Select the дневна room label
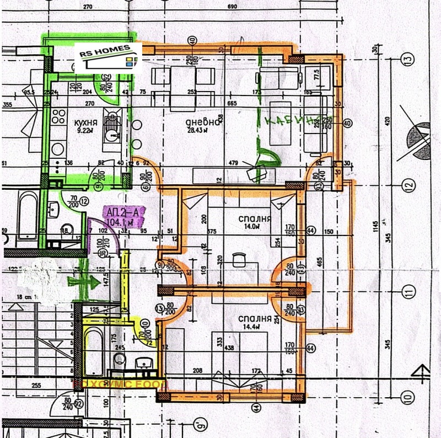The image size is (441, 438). (203, 122)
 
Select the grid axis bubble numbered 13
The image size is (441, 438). (407, 58)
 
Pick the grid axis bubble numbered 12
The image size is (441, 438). (407, 186)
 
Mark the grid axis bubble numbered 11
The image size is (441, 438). (407, 291)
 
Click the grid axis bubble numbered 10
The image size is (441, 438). (407, 396)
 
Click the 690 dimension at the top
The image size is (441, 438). (232, 7)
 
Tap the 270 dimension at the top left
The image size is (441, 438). (87, 7)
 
